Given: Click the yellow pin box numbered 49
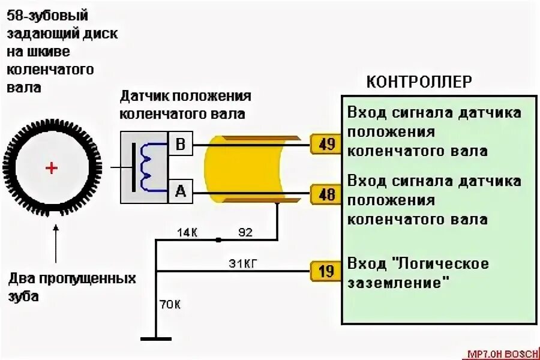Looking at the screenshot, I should point(326,145).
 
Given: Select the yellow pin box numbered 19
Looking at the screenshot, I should point(326,271).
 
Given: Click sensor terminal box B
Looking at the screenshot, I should point(181,144).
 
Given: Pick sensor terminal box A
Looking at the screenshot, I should point(181,191).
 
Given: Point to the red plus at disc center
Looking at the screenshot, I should point(52,168).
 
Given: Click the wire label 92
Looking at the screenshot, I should point(245,231).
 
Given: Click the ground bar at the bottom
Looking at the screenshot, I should point(155,340).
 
